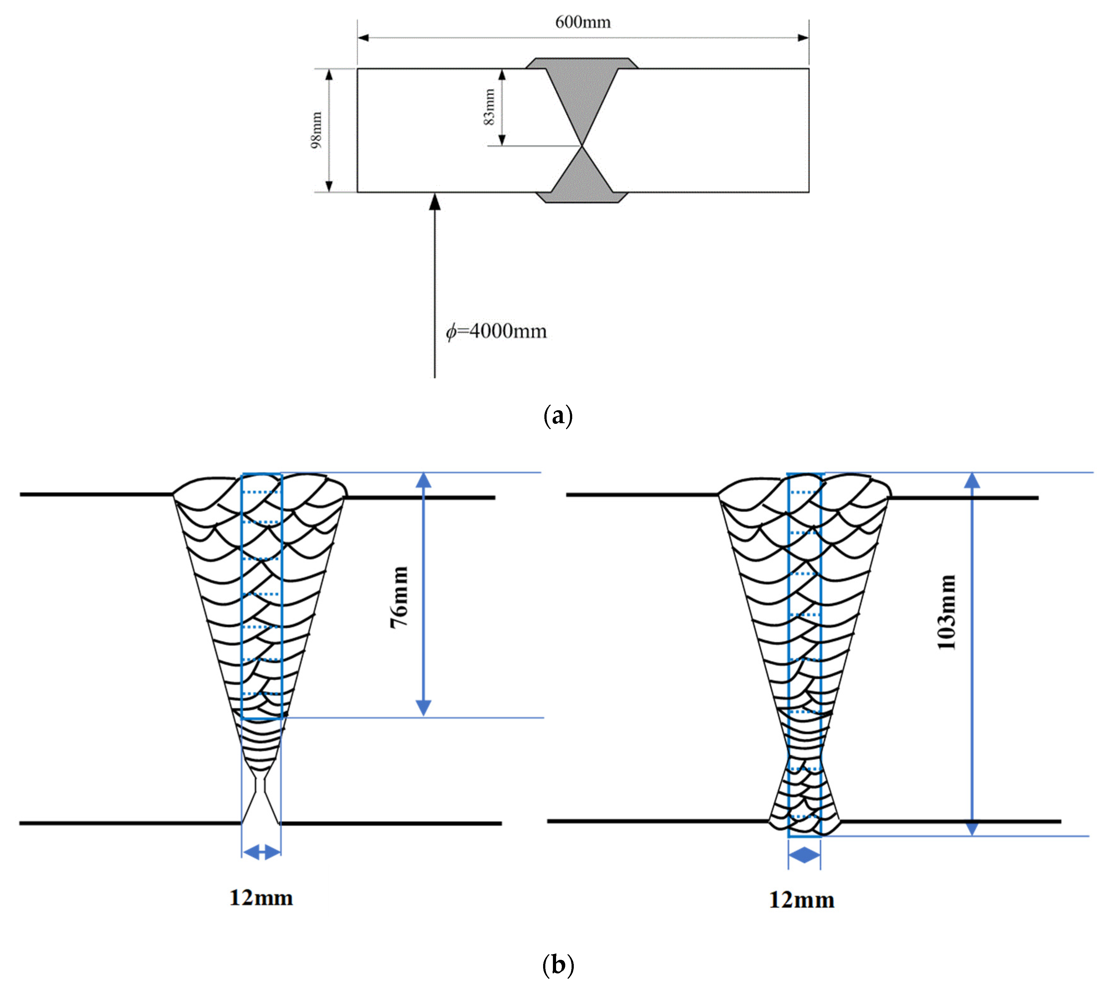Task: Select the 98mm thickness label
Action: point(316,130)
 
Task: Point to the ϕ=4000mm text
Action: point(496,331)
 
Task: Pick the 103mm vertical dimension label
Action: point(947,612)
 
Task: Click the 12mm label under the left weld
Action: point(261,898)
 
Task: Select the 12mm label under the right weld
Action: point(801,900)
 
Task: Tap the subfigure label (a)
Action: point(558,416)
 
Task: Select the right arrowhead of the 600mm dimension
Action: point(803,38)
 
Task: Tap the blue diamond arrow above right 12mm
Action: point(804,855)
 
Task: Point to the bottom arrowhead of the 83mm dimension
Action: point(502,140)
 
